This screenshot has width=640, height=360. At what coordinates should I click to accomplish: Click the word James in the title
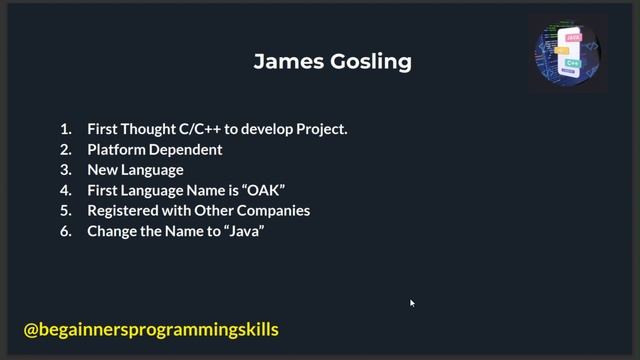click(285, 62)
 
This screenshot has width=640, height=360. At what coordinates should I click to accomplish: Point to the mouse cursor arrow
click(411, 302)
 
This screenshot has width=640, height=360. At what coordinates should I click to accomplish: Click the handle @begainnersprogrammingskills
click(151, 329)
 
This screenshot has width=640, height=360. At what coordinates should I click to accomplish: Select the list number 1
click(66, 129)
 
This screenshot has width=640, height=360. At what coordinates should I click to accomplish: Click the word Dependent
click(186, 150)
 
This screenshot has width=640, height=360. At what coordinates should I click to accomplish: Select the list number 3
click(66, 170)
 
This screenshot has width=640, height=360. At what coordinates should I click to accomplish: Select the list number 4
click(66, 190)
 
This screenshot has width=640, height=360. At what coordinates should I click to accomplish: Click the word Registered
click(123, 211)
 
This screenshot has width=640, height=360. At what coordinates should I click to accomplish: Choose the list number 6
click(66, 231)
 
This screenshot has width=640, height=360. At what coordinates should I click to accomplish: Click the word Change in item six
click(111, 231)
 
